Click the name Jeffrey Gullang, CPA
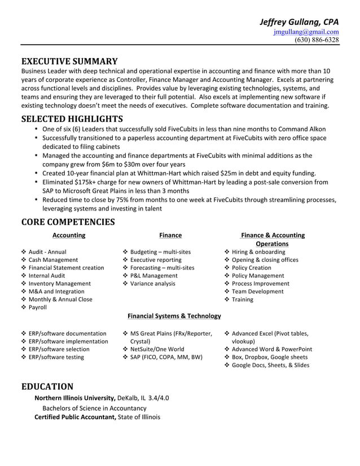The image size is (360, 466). point(298,21)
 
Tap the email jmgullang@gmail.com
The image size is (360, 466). point(306,32)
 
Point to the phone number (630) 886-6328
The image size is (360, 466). point(317,39)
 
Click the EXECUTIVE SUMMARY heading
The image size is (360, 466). point(69,61)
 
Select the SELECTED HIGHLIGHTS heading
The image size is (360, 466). point(72,119)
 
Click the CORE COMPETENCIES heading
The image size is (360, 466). point(68,222)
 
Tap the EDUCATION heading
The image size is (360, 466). point(47,386)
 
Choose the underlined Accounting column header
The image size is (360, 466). point(69,235)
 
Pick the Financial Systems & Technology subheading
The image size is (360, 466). point(174,316)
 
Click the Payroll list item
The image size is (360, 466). point(38,307)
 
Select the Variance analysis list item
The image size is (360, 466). point(152,284)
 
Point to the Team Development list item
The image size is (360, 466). point(257,292)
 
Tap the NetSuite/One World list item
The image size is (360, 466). point(157,349)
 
